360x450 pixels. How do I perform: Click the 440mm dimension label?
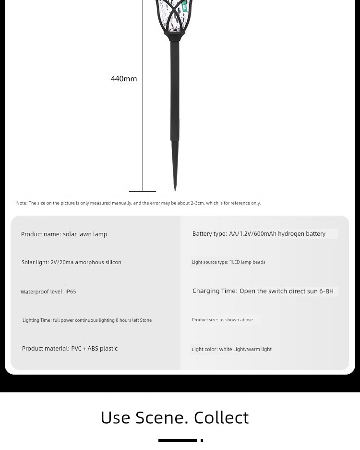[x=124, y=79]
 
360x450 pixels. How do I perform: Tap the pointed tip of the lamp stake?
[x=175, y=188]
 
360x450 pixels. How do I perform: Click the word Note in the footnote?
[x=21, y=203]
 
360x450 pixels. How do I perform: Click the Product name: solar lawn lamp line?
[x=64, y=234]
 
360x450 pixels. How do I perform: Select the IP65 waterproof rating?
[x=71, y=292]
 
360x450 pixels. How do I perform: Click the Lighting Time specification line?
[x=87, y=320]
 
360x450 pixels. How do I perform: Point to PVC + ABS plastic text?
[x=94, y=349]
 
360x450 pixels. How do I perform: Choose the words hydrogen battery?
[x=301, y=234]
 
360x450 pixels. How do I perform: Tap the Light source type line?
[x=228, y=262]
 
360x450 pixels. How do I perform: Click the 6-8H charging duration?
[x=326, y=291]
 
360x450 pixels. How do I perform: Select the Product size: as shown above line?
[x=222, y=320]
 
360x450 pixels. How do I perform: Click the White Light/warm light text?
[x=245, y=350]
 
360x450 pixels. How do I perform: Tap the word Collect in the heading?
[x=221, y=417]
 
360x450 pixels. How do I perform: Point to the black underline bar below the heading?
[x=177, y=440]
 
